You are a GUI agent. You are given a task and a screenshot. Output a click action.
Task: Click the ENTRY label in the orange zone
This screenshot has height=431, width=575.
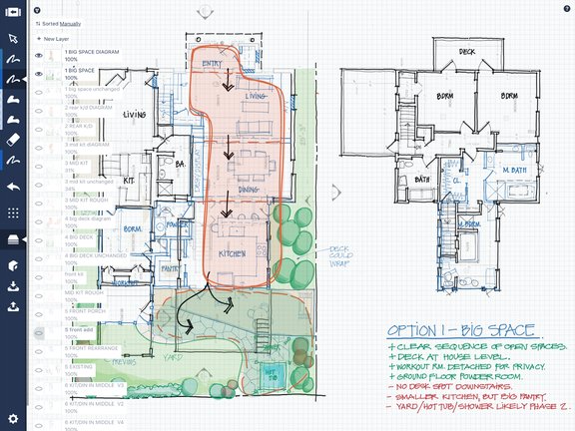coord(213,65)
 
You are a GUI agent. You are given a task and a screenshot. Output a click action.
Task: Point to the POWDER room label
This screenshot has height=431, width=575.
coord(181,224)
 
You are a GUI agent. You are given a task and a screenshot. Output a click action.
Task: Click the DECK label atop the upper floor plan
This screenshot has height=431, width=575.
coord(466,51)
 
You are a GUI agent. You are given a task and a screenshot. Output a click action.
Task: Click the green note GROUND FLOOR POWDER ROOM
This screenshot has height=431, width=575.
coord(455,374)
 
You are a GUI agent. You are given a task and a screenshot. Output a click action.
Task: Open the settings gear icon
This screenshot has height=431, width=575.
coord(13,417)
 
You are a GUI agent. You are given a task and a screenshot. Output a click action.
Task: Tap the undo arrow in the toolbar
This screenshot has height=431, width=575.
coord(13,187)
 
